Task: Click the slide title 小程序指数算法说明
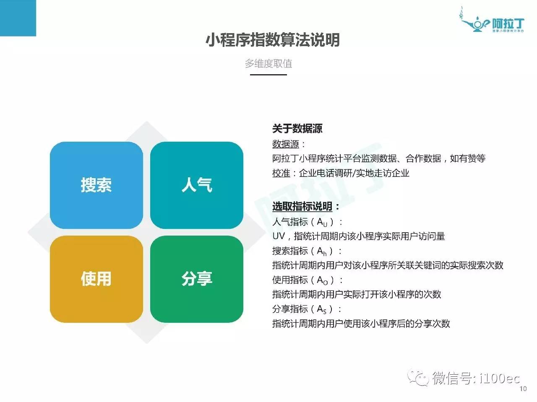(272, 40)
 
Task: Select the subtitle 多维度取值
(268, 64)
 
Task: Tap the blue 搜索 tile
(96, 185)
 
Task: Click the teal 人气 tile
(197, 185)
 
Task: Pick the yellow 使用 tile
(96, 279)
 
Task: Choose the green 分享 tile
(197, 279)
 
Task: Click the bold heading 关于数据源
(297, 129)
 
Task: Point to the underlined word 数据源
(285, 144)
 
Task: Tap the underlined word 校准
(281, 173)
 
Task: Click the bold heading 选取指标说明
(302, 206)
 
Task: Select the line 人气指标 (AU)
(307, 222)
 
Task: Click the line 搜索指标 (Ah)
(307, 251)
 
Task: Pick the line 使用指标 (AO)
(307, 280)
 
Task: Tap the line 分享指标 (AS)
(307, 309)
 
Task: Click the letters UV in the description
(279, 236)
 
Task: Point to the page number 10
(523, 389)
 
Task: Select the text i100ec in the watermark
(499, 378)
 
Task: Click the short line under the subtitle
(268, 75)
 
